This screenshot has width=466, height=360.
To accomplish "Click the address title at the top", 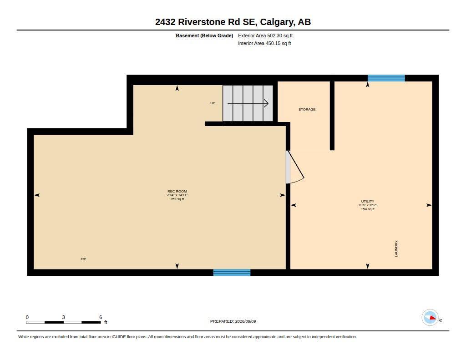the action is click(x=233, y=22).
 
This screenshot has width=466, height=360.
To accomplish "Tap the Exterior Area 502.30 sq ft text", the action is click(x=265, y=35).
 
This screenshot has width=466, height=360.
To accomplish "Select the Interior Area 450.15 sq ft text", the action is click(x=264, y=43).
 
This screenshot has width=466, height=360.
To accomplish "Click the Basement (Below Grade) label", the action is click(x=204, y=35).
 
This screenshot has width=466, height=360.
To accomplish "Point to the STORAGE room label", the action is click(x=307, y=109).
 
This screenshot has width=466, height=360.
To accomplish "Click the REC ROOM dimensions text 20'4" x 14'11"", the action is click(x=177, y=195).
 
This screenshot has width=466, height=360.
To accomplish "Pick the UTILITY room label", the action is click(x=368, y=201).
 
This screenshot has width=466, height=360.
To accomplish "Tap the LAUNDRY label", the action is click(x=396, y=248).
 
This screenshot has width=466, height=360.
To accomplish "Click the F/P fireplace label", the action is click(x=84, y=259).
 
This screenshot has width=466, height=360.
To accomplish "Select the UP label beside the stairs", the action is click(x=213, y=103).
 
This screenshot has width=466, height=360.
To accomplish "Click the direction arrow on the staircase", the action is click(x=248, y=103).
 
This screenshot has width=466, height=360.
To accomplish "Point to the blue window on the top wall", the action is click(x=386, y=78).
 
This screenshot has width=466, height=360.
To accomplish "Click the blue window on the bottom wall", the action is click(x=232, y=273).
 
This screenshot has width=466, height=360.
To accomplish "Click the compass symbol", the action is click(x=430, y=318).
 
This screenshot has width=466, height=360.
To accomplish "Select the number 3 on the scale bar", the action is click(x=63, y=317).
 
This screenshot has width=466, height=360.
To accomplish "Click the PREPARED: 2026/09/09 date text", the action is click(x=233, y=321).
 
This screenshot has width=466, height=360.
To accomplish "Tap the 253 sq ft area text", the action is click(x=177, y=199).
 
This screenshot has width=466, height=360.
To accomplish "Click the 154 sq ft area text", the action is click(x=368, y=209).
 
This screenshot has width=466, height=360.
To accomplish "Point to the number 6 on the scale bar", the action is click(x=101, y=317).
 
